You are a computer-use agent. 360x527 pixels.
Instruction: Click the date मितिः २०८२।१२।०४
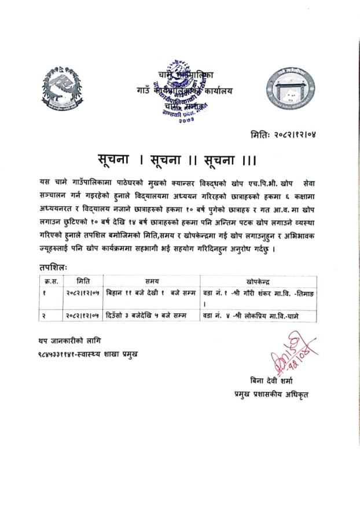coord(284,134)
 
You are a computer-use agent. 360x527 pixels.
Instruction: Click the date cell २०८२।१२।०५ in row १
coord(85,294)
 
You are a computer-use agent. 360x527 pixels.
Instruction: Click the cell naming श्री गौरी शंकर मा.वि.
coord(260,294)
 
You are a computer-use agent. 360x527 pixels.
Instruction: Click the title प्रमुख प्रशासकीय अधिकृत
coord(267,394)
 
